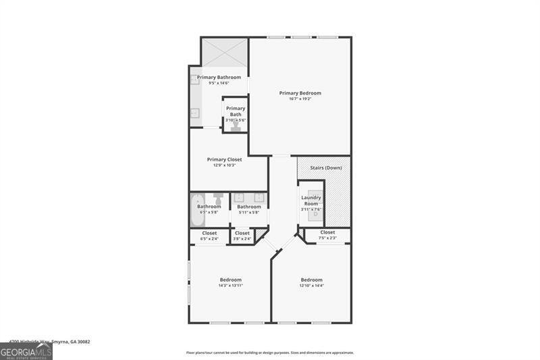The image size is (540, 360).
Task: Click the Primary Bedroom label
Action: click(x=300, y=93)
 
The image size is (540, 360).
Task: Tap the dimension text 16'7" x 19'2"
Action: click(x=300, y=99)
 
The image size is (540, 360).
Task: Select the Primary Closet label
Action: click(x=224, y=159)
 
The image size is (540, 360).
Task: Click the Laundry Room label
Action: click(x=311, y=201)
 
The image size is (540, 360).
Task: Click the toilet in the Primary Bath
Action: click(x=236, y=126)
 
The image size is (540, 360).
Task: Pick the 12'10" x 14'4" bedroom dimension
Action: click(x=311, y=286)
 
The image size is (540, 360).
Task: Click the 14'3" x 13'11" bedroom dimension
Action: click(x=230, y=286)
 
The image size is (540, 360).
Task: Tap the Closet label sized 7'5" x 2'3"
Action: click(x=327, y=232)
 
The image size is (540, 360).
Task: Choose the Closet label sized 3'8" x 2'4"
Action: click(x=242, y=233)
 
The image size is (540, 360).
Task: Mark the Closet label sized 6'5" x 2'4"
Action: click(x=209, y=233)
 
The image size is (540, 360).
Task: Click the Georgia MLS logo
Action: click(x=26, y=351)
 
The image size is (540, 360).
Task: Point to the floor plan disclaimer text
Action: click(x=270, y=353)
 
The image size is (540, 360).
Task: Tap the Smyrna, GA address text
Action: click(x=49, y=342)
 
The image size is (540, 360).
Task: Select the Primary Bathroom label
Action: click(x=219, y=77)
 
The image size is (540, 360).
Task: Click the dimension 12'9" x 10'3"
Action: click(x=224, y=165)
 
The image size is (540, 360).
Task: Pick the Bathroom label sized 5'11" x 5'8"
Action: click(x=248, y=207)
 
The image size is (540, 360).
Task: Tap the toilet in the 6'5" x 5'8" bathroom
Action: click(x=218, y=199)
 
